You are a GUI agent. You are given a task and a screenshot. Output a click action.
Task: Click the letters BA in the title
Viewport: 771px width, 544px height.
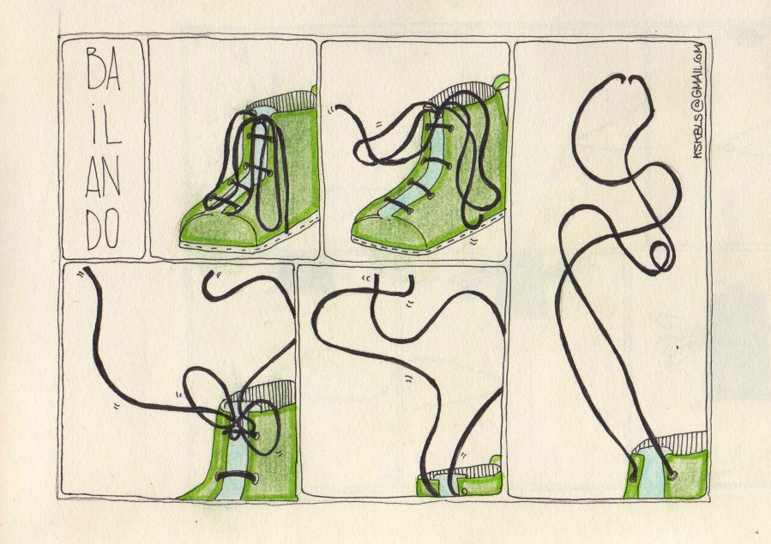tap(104, 69)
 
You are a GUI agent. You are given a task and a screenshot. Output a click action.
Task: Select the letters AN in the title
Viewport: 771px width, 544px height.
tap(103, 176)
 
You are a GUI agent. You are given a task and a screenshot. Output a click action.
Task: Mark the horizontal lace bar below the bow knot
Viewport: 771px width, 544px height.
tap(237, 476)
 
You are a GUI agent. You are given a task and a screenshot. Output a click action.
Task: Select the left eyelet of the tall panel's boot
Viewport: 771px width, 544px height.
tap(633, 476)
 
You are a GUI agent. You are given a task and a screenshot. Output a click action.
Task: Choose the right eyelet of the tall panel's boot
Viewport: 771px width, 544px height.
tap(672, 474)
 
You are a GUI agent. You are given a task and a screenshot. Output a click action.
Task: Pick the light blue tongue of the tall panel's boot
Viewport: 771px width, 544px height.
tap(653, 473)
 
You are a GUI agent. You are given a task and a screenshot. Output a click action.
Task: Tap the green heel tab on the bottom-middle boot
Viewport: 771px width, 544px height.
tap(496, 461)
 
